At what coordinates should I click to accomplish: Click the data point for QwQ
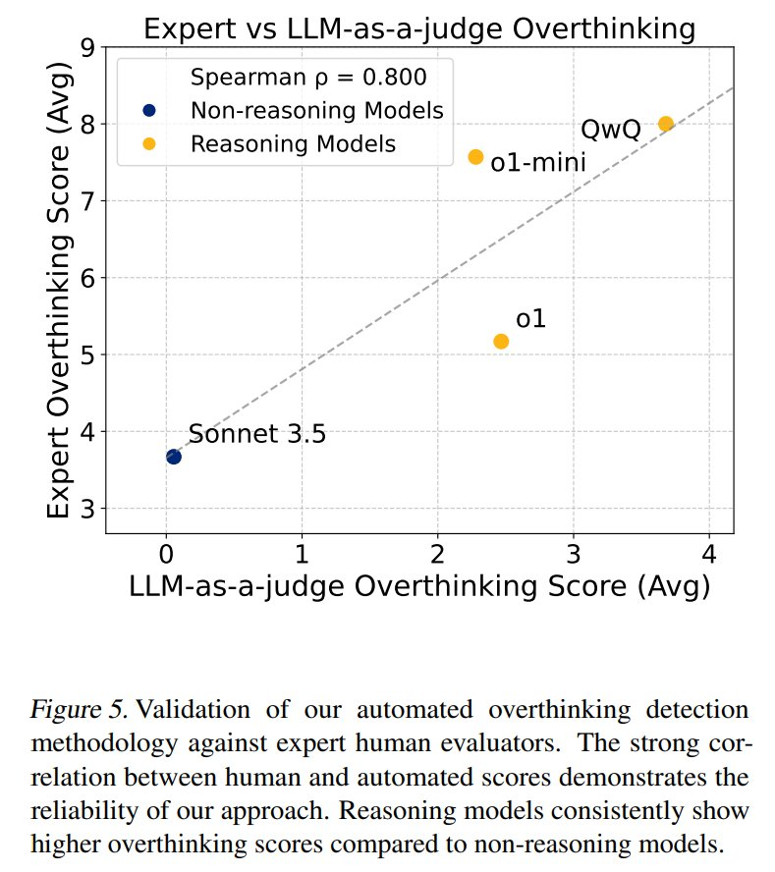point(665,124)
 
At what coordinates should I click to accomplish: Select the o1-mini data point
point(475,157)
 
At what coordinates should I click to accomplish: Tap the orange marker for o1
point(501,341)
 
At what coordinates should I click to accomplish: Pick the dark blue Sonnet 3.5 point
point(174,457)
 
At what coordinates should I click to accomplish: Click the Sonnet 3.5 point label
point(256,434)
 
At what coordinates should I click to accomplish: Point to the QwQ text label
point(611,130)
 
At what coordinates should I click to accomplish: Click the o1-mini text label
point(538,164)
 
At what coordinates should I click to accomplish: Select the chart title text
point(419,28)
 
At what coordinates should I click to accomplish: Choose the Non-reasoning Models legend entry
point(316,110)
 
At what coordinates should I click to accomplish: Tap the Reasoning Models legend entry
point(293,143)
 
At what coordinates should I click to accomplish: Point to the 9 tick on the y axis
point(87,47)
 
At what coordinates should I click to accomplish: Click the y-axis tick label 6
point(87,278)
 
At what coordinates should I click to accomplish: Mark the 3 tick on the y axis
point(87,509)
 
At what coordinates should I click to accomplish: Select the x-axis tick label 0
point(166,553)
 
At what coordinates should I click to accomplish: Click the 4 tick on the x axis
point(709,553)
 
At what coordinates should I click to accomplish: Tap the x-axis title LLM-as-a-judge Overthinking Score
point(419,586)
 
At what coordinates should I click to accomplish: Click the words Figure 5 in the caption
point(72,709)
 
